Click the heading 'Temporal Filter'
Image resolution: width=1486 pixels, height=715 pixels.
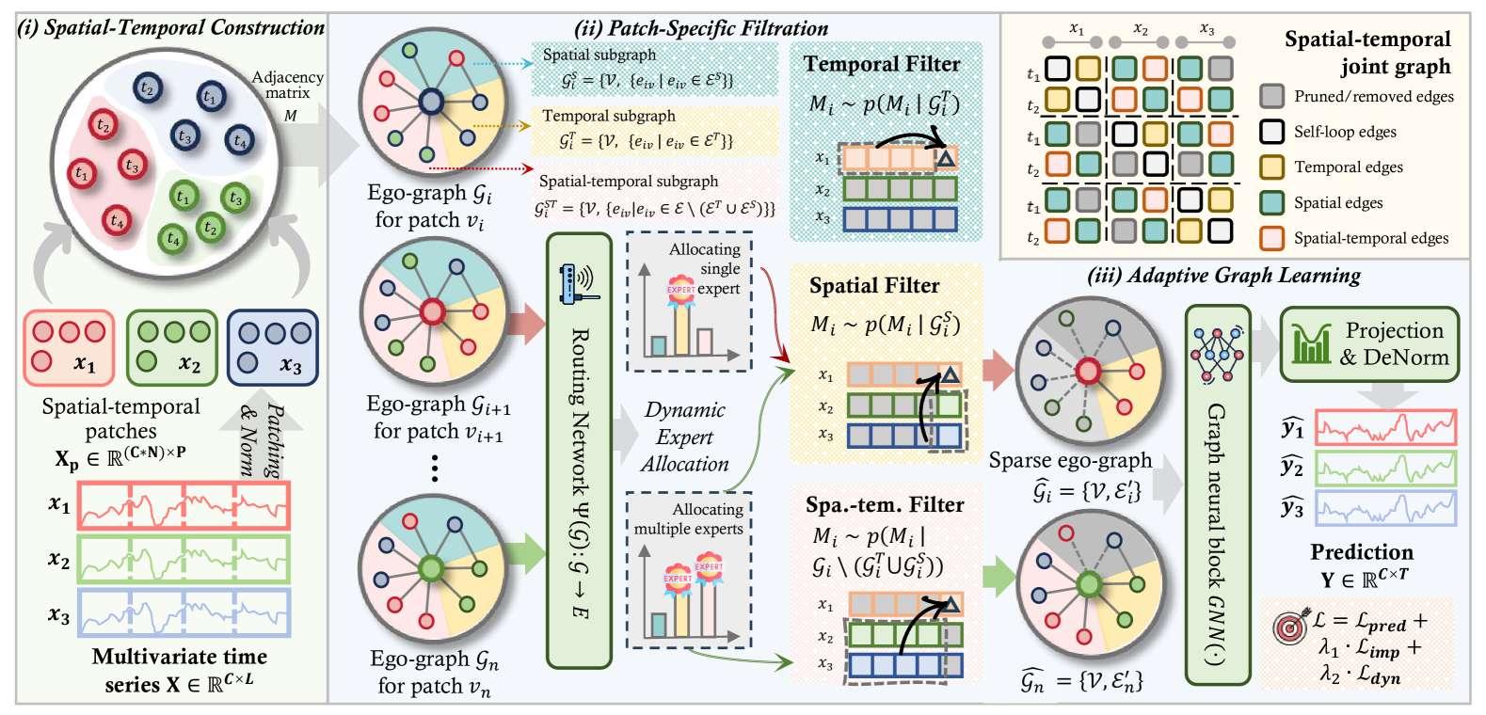(881, 64)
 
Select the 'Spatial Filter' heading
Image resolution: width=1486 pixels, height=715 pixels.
(874, 285)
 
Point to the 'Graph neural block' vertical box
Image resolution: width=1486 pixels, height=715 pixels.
(1214, 494)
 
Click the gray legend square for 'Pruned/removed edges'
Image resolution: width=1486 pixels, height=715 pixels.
(1271, 96)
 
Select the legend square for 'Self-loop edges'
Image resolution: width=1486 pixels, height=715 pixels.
(1271, 132)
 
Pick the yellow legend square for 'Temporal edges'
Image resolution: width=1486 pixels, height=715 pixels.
(1271, 167)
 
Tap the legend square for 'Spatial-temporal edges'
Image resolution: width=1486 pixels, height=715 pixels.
(1271, 238)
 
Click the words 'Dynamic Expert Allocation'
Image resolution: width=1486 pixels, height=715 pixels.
(684, 437)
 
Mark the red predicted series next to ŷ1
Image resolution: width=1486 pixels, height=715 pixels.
(1384, 429)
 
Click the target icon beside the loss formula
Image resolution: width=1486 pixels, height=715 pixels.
(1288, 628)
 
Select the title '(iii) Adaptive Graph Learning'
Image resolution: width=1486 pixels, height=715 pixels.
(1223, 276)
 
